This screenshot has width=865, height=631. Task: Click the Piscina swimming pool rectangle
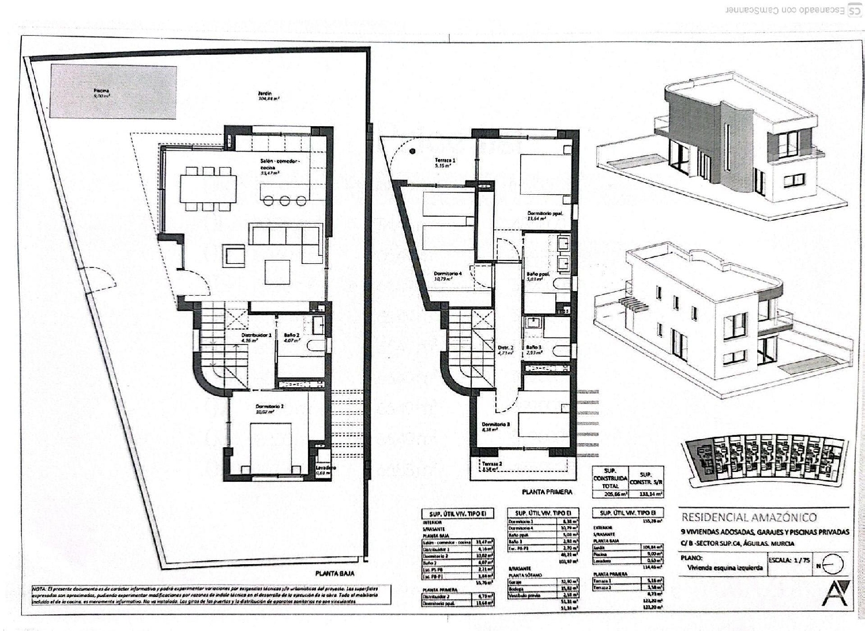click(x=113, y=92)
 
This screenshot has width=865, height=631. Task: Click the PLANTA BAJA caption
click(x=334, y=573)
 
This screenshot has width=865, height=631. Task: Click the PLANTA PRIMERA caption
click(x=547, y=492)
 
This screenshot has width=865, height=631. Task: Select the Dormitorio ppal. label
click(x=545, y=214)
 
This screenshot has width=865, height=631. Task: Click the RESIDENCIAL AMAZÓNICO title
click(x=749, y=517)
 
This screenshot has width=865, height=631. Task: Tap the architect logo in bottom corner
click(x=835, y=594)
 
